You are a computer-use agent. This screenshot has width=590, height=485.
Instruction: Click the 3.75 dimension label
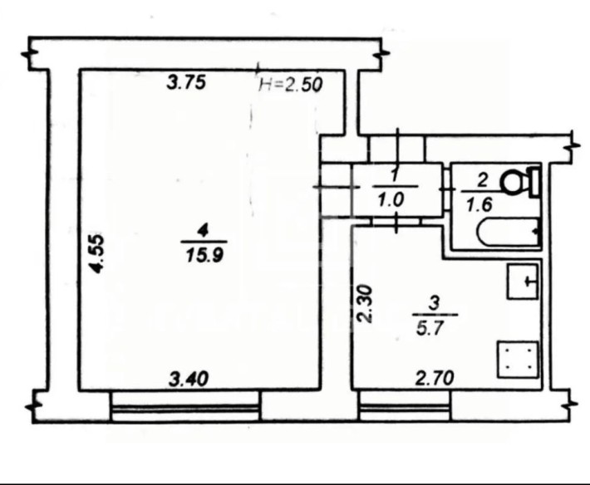187,83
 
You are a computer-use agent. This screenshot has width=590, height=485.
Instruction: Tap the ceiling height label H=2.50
291,85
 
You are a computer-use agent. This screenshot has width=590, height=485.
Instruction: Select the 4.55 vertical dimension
97,253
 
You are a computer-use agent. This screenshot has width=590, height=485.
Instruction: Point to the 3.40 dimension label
189,379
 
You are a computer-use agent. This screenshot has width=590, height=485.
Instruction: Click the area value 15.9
204,255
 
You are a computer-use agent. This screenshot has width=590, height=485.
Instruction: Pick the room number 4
204,231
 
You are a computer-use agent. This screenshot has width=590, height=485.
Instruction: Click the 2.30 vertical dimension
365,304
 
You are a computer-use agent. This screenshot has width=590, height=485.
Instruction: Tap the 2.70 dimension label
435,378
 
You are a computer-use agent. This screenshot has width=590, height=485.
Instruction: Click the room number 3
435,303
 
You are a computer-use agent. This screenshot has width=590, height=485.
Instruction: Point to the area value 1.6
479,205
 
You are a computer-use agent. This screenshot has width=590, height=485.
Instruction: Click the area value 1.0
391,200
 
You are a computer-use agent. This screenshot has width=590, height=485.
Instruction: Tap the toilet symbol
520,183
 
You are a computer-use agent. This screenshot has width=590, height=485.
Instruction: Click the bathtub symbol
509,232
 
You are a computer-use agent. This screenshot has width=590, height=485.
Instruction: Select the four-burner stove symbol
519,360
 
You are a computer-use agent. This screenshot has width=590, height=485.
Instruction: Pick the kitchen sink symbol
523,282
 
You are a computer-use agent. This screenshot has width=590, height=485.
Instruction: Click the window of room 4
186,406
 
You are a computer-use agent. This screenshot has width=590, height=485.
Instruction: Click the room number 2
482,181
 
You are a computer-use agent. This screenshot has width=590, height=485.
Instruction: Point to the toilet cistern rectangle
534,183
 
